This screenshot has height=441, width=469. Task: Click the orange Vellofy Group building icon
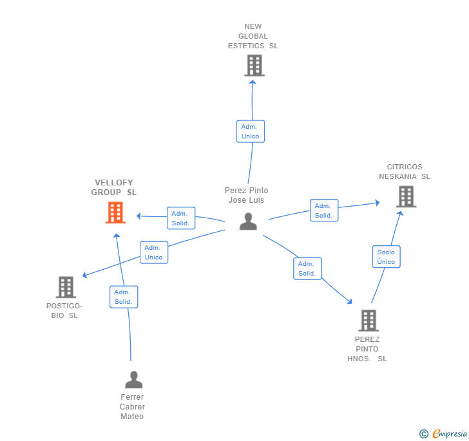point(115,212)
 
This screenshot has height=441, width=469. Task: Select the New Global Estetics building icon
point(254,66)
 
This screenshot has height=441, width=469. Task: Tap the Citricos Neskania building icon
point(406,196)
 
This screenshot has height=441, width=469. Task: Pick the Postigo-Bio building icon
point(66,287)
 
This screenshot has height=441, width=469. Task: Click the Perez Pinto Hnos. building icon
point(368,320)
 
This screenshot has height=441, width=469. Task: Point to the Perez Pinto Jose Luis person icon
point(248,221)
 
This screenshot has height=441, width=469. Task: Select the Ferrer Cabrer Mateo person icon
point(133,379)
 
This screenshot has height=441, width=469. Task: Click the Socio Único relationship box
point(386,257)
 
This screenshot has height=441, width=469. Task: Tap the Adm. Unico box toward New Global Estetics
point(250,131)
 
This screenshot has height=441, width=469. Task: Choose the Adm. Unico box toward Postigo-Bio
point(153,252)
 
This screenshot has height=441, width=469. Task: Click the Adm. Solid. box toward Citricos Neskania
point(323,211)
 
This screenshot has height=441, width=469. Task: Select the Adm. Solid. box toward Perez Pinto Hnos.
point(307,268)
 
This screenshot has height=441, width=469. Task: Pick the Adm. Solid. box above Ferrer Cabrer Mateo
point(123,297)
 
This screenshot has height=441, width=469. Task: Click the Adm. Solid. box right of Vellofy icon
point(180,218)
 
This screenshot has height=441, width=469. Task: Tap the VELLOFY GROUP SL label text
point(114,187)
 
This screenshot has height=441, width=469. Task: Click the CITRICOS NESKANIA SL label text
point(405,172)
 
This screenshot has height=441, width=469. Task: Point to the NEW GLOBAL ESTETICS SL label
point(253,36)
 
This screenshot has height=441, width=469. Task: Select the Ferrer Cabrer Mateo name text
point(132,407)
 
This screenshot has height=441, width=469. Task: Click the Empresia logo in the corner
point(449,434)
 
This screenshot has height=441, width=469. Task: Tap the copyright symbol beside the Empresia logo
point(424,435)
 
